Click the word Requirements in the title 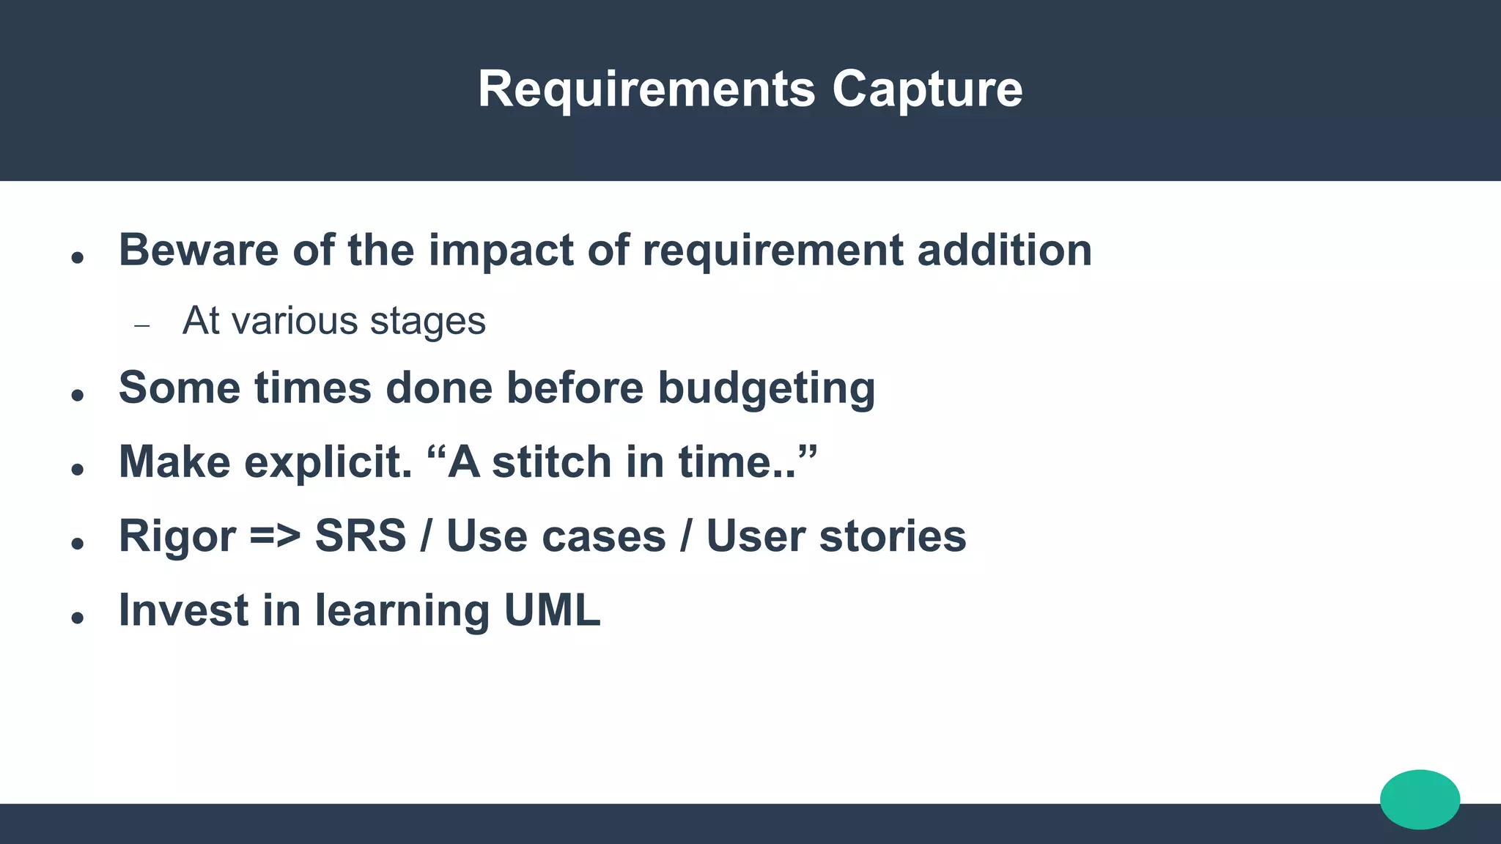(646, 89)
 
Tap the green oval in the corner (1420, 799)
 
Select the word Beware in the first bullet (199, 250)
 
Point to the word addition (1004, 250)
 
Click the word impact (501, 250)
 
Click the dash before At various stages (142, 325)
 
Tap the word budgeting (766, 388)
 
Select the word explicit (328, 462)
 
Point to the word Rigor (177, 536)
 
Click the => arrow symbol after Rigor (275, 536)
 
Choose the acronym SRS (360, 536)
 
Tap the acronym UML (552, 610)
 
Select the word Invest (183, 610)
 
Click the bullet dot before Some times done (78, 396)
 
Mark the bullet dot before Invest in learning (78, 618)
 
